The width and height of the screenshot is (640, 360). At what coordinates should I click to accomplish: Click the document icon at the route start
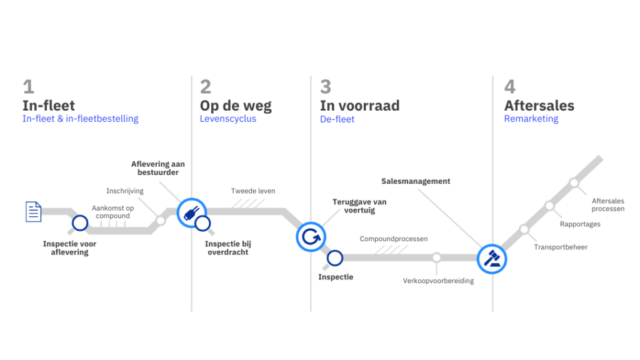pyautogui.click(x=32, y=211)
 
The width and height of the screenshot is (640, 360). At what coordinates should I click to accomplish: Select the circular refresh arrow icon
pyautogui.click(x=310, y=236)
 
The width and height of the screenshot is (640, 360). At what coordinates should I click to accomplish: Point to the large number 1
pyautogui.click(x=28, y=86)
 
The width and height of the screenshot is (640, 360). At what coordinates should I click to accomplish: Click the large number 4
pyautogui.click(x=511, y=86)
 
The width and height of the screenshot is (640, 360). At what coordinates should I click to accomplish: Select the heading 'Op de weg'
pyautogui.click(x=236, y=105)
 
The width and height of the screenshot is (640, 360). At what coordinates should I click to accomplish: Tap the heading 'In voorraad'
pyautogui.click(x=359, y=105)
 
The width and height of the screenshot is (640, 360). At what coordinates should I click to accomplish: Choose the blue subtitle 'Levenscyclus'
pyautogui.click(x=227, y=119)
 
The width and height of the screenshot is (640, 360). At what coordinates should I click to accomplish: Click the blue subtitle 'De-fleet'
pyautogui.click(x=337, y=119)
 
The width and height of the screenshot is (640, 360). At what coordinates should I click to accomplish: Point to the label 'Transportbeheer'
pyautogui.click(x=561, y=247)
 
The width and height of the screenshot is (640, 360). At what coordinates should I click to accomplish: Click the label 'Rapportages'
pyautogui.click(x=580, y=224)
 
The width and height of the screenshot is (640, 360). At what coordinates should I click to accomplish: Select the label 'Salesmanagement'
pyautogui.click(x=416, y=181)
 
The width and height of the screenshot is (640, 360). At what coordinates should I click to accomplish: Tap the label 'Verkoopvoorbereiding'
pyautogui.click(x=438, y=281)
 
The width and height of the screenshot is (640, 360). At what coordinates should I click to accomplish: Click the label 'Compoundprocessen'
pyautogui.click(x=394, y=239)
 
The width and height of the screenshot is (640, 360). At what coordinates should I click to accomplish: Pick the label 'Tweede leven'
pyautogui.click(x=253, y=191)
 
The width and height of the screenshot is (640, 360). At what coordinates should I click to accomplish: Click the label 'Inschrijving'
pyautogui.click(x=125, y=191)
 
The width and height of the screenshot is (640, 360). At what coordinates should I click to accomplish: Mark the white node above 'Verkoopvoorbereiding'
pyautogui.click(x=436, y=257)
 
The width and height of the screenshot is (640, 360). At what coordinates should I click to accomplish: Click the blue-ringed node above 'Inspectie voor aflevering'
pyautogui.click(x=79, y=223)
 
